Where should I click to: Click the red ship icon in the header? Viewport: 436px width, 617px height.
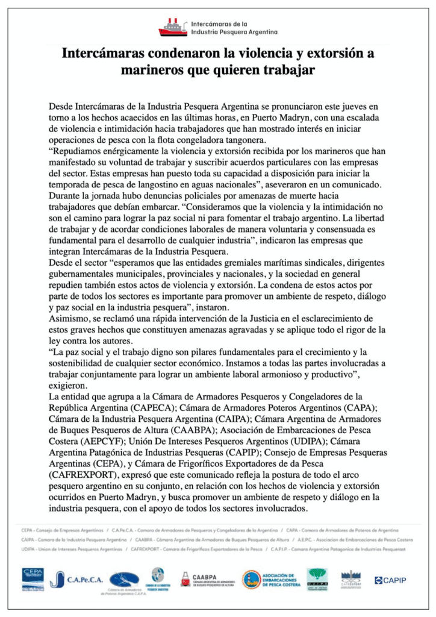tap(173, 27)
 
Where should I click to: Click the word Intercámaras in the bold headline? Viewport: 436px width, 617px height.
tap(102, 54)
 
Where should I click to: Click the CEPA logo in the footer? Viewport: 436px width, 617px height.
tap(34, 578)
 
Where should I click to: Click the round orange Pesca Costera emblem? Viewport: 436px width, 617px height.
tap(251, 580)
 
